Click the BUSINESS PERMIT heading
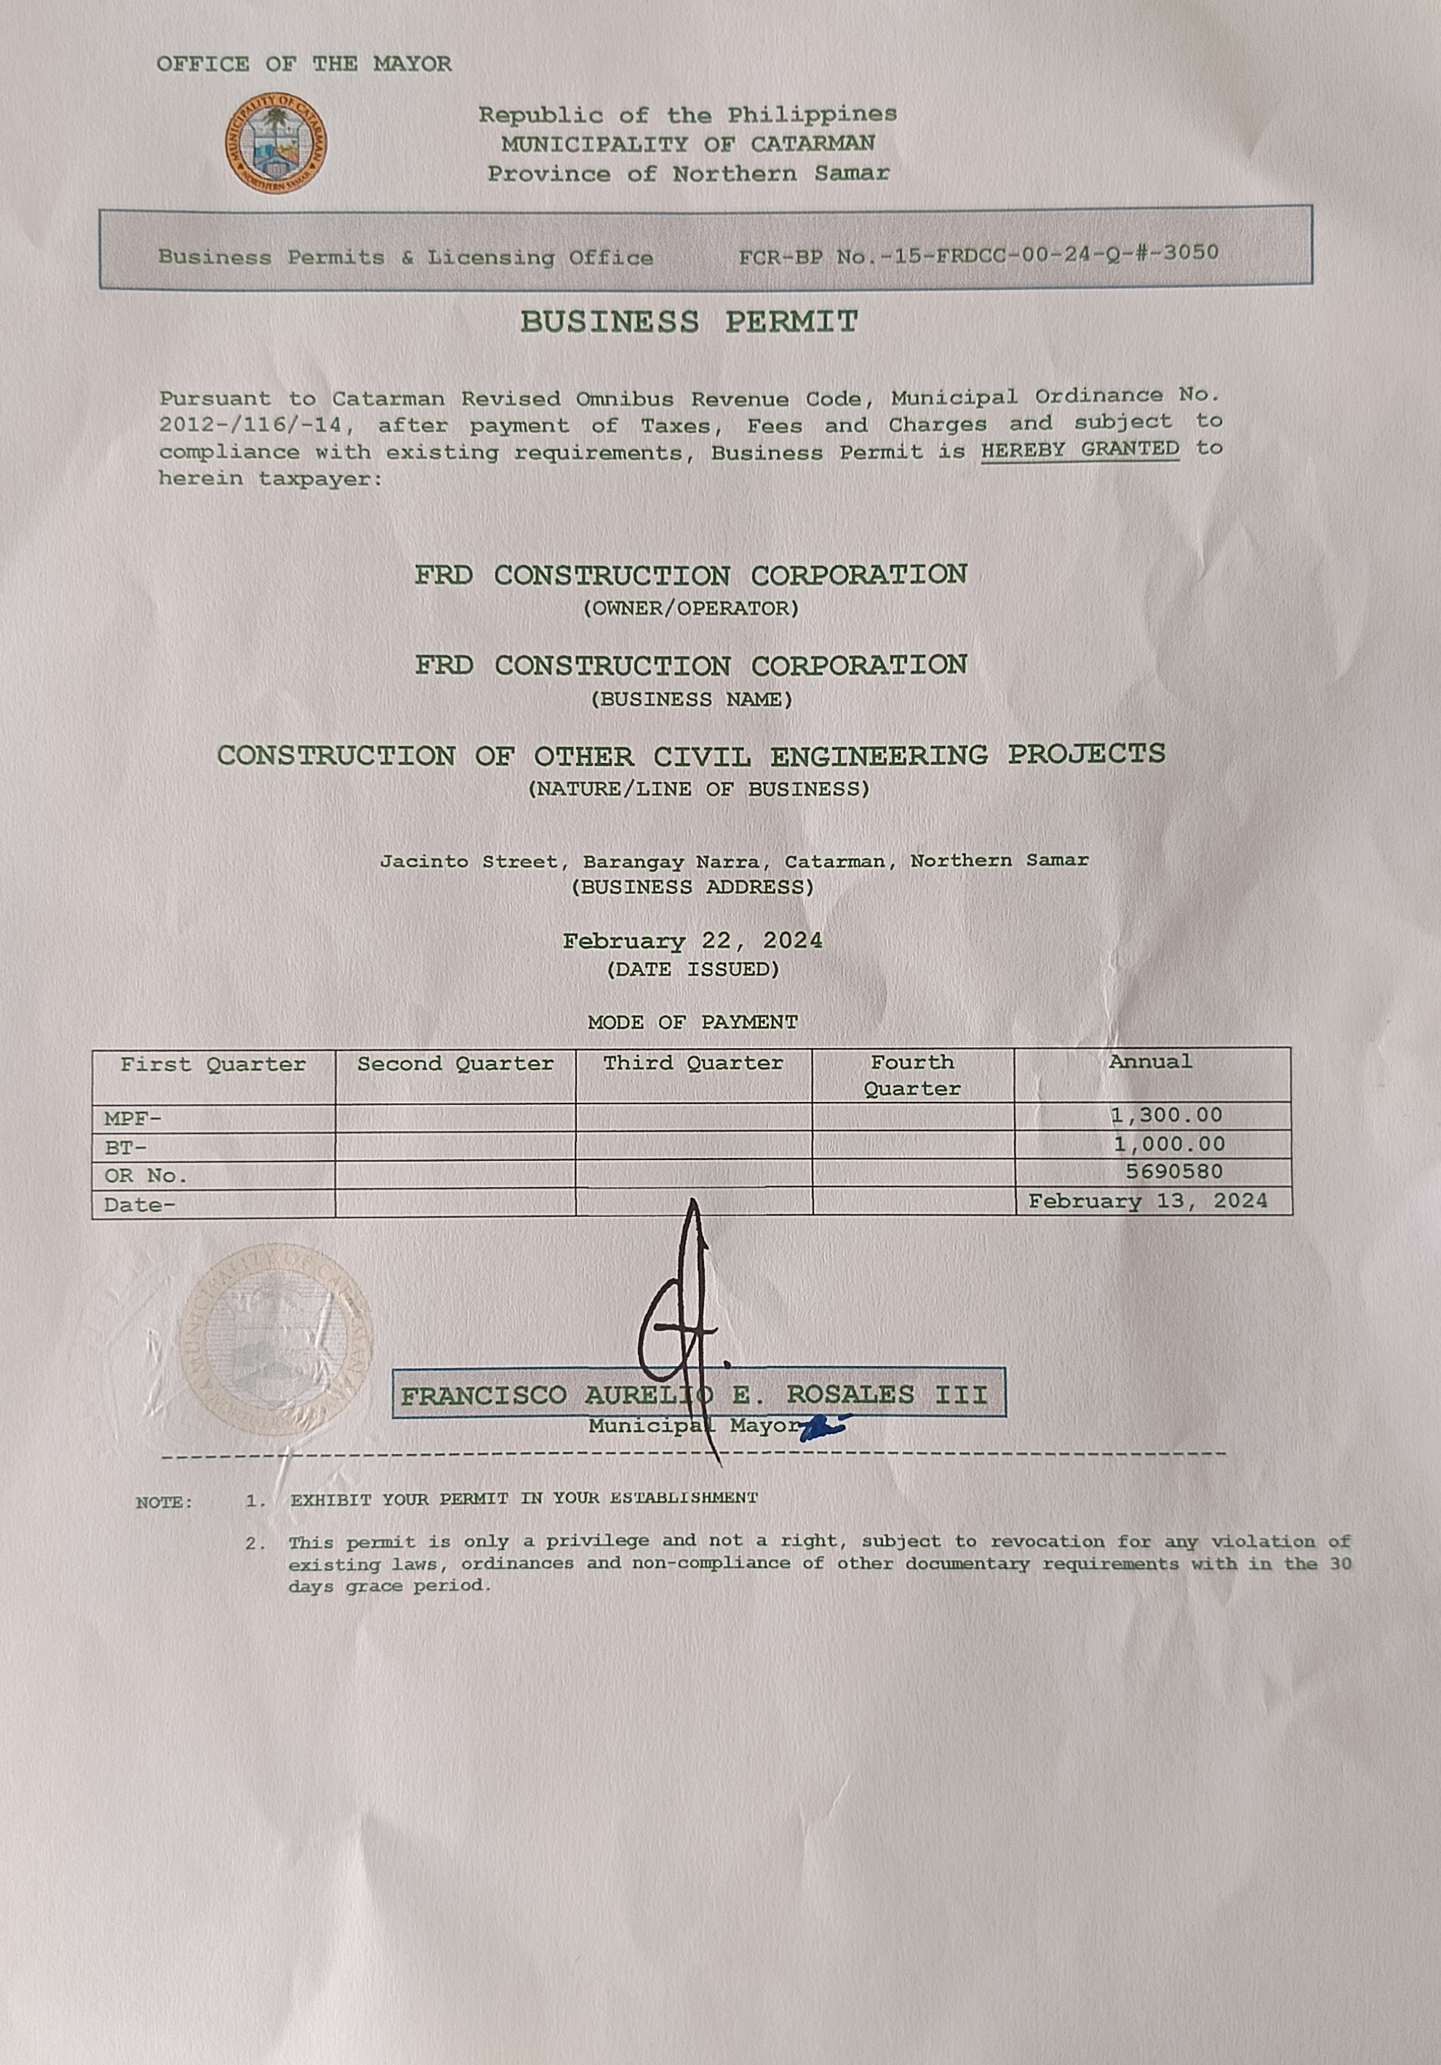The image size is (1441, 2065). point(689,322)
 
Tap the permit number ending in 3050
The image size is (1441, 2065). point(978,255)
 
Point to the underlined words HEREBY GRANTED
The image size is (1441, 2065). point(1079,450)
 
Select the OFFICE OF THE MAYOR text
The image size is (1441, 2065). point(304,64)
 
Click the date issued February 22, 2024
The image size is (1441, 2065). point(692,940)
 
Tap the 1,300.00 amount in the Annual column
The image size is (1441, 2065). point(1167,1115)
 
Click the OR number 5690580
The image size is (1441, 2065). point(1174,1172)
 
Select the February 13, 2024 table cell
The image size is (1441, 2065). point(1148,1202)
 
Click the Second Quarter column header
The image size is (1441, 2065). point(455,1064)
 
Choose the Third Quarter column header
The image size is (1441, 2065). point(692,1063)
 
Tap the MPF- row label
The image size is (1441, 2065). point(132,1119)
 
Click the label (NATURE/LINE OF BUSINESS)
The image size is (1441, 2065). point(699,790)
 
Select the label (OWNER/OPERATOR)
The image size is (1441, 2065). point(691,609)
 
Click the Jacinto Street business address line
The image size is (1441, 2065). point(733,860)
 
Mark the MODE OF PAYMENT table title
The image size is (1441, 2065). point(692,1023)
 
